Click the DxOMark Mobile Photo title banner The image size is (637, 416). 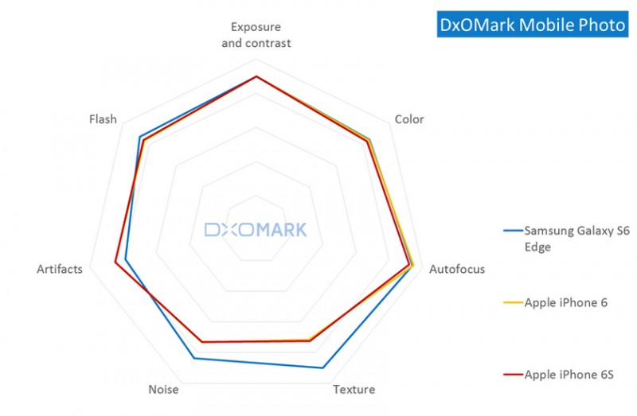[533, 25]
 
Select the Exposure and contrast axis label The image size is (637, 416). [256, 36]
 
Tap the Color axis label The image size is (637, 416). [409, 119]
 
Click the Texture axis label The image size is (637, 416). [354, 390]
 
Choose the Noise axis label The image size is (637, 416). [163, 390]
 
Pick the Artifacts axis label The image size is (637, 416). [60, 269]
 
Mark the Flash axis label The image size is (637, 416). [103, 119]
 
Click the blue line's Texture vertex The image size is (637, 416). [322, 367]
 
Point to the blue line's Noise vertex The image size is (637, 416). [194, 359]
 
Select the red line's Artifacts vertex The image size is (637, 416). [115, 262]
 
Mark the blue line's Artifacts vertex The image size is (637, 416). [125, 260]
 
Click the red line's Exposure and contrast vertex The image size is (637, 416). [256, 77]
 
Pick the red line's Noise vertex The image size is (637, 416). [202, 342]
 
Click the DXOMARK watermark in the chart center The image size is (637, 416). [256, 231]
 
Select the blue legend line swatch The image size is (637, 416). [513, 231]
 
